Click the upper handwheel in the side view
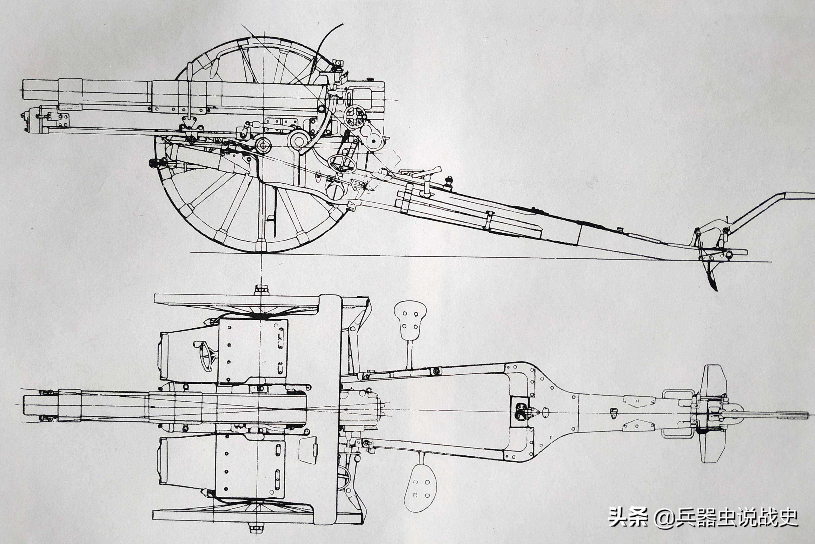355,115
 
